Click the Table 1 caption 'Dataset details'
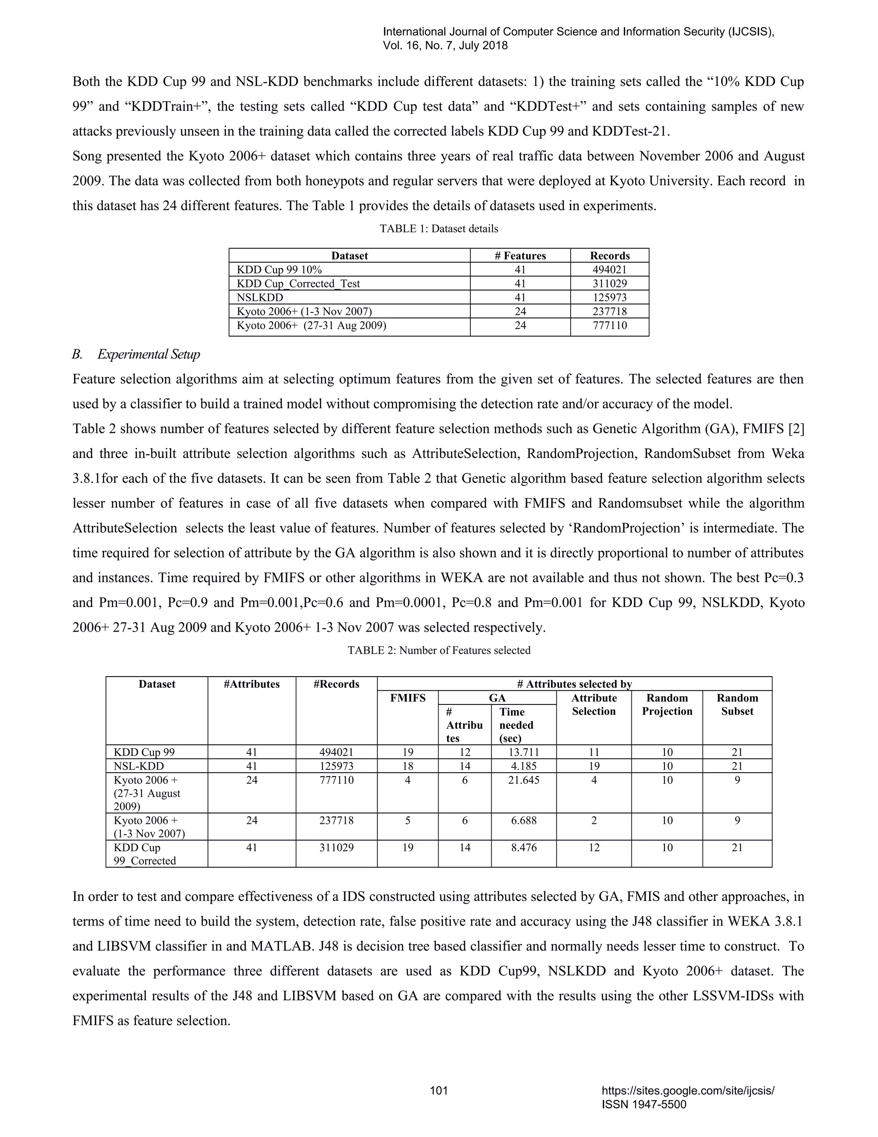[x=439, y=229]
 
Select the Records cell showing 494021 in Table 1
[x=609, y=270]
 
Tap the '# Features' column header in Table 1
[x=520, y=256]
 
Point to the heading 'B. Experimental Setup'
[x=136, y=354]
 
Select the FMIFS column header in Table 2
[x=407, y=698]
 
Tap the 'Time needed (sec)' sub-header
[x=516, y=725]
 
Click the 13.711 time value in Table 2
[x=523, y=752]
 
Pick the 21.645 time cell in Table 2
[x=523, y=780]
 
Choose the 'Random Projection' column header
[x=667, y=705]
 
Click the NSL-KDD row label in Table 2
[x=138, y=766]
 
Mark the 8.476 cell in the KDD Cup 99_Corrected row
[x=523, y=847]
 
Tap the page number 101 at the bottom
[x=439, y=1091]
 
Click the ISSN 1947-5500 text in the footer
[x=643, y=1105]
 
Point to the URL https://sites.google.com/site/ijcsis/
[x=688, y=1091]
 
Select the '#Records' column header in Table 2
[x=336, y=684]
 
